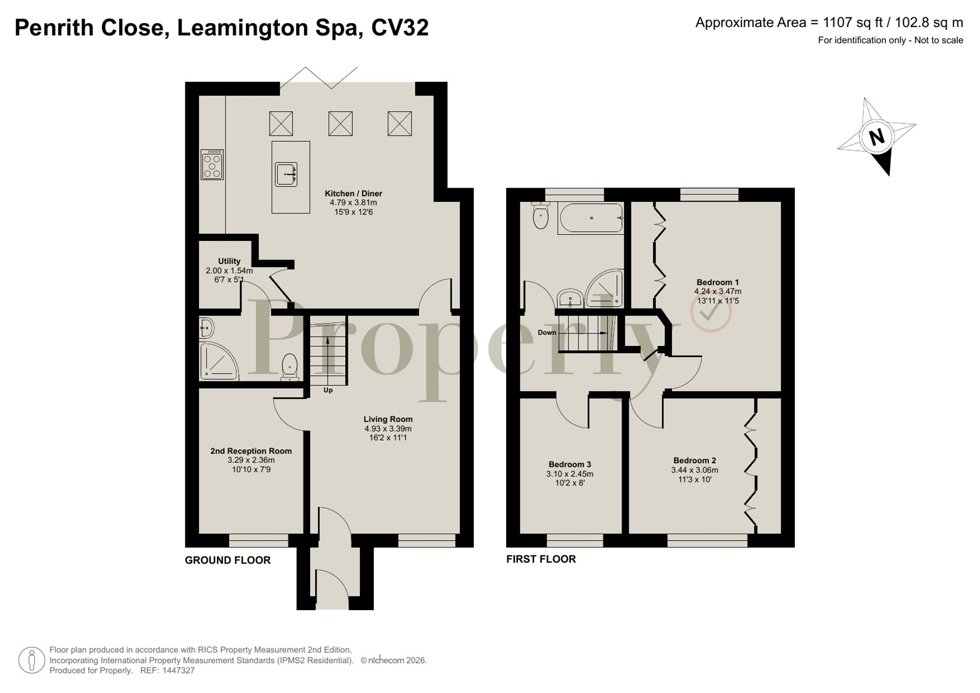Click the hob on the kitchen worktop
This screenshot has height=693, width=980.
(212, 165)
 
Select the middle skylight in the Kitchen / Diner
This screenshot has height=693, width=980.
(341, 124)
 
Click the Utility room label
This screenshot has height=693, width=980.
(229, 261)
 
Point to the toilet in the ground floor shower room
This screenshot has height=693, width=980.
(290, 367)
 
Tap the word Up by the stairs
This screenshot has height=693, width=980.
(328, 390)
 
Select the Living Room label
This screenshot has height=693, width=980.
(388, 419)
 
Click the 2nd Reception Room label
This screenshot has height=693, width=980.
(251, 451)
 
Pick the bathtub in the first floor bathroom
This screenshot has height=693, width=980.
(591, 218)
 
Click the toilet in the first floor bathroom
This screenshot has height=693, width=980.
(540, 216)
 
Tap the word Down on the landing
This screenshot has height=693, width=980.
(547, 332)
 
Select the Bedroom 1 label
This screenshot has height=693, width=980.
(717, 282)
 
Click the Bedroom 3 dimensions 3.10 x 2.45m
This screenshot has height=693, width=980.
(569, 474)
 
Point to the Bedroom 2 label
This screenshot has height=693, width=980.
(694, 460)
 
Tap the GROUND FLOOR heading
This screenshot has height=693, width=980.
(227, 560)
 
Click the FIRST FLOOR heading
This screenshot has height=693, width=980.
(541, 559)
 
